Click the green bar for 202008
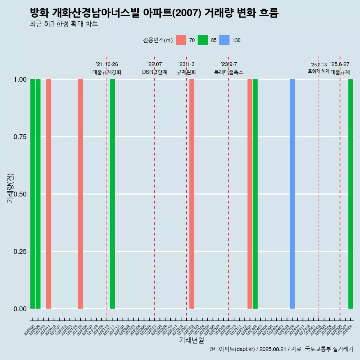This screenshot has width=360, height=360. click(33, 194)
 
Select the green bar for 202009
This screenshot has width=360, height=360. click(38, 194)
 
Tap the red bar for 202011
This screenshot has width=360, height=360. click(48, 194)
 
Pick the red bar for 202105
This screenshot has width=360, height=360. click(80, 194)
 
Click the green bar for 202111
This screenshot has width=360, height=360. click(112, 194)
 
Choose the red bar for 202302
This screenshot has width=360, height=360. click(192, 194)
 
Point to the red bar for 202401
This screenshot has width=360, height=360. click(250, 194)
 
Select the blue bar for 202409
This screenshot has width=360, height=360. click(292, 194)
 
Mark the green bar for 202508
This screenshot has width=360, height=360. click(351, 194)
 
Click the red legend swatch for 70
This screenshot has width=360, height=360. click(181, 40)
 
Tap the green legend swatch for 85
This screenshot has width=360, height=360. click(202, 40)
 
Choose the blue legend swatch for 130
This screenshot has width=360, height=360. click(224, 40)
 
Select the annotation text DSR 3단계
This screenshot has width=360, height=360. click(154, 72)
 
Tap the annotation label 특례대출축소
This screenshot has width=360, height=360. click(229, 72)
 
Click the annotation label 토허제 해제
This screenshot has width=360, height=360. click(319, 71)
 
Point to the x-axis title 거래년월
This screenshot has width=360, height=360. click(192, 340)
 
